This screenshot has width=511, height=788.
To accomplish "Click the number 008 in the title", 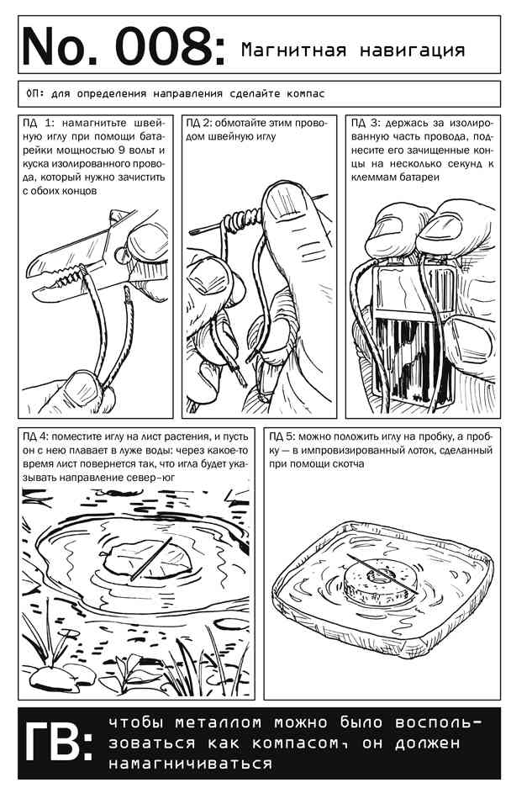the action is point(165,46).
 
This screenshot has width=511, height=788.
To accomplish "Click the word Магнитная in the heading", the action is point(293,50).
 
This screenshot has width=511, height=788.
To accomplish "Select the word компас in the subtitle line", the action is point(305,93).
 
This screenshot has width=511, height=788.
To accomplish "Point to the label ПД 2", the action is point(199,123).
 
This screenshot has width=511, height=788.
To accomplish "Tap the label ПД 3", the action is point(366,123).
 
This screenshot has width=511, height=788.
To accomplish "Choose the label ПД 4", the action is point(35,436).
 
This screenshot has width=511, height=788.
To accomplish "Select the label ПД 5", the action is point(282,436).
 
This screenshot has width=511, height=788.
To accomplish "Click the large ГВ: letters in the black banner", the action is point(59,743).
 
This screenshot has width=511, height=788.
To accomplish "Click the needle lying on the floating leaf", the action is point(150,559).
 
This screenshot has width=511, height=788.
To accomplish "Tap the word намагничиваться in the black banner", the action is point(191,764).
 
